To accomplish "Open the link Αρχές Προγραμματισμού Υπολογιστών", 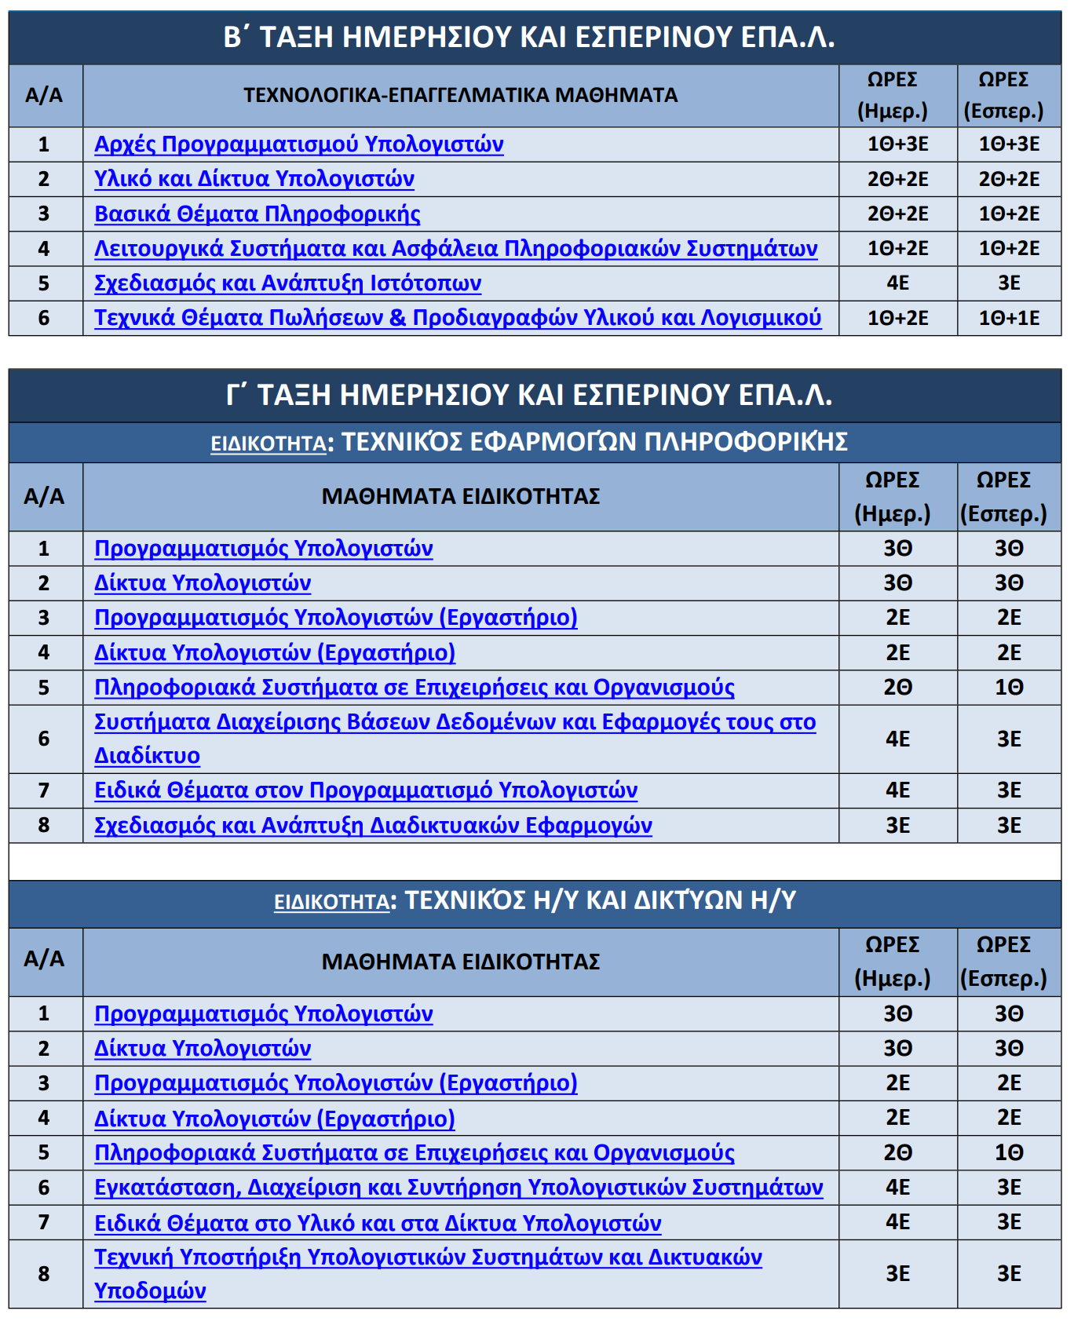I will [x=298, y=144].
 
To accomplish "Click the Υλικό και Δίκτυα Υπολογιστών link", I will [x=254, y=179].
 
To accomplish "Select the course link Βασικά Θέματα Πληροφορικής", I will [x=257, y=214].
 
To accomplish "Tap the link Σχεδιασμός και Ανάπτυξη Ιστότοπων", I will [x=287, y=283].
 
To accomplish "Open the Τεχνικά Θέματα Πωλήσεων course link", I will [x=457, y=318].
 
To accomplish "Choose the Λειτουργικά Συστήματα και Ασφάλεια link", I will [x=455, y=249].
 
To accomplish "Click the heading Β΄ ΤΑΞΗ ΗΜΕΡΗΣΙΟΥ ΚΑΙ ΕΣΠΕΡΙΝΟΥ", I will [x=528, y=37].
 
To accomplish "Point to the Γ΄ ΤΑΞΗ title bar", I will [x=528, y=394].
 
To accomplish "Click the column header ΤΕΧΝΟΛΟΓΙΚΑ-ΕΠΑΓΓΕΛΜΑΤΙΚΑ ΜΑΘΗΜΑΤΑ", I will [x=460, y=96].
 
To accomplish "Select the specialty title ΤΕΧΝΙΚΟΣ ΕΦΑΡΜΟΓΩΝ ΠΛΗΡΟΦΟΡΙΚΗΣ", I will [x=594, y=442].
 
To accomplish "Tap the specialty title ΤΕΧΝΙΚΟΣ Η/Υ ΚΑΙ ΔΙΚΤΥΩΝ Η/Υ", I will [x=600, y=900].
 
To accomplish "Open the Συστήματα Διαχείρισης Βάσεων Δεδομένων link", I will [x=455, y=722].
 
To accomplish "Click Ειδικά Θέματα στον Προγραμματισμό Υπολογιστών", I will [x=366, y=790].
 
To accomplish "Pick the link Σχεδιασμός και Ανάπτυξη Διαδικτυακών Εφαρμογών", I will [x=373, y=826].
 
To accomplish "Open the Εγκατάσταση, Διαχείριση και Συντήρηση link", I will [x=458, y=1188].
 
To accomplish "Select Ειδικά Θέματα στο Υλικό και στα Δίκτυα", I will [x=378, y=1223].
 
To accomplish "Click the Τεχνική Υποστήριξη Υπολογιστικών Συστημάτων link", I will [x=428, y=1257].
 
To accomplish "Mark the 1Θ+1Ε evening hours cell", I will [x=1009, y=318].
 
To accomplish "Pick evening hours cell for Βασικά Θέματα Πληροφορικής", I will [x=1009, y=214].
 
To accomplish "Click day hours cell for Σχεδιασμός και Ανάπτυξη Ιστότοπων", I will [x=897, y=283].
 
